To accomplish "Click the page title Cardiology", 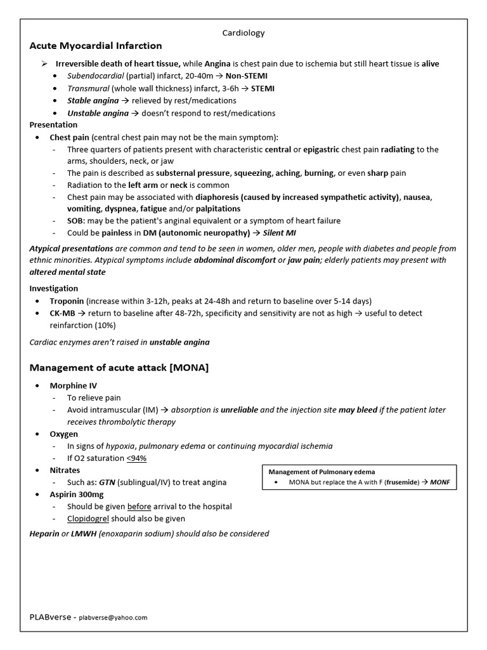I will pos(243,32).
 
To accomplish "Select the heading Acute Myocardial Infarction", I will pos(96,46).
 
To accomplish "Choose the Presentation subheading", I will pos(54,125).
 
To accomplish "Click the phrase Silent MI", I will pos(281,233).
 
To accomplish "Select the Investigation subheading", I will pos(54,288).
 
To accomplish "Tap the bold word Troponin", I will pos(67,301).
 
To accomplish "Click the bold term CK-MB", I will pos(62,313).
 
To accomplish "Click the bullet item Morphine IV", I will pos(74,386).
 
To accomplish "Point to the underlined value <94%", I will pos(140,458).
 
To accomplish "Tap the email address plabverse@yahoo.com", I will pos(113,617).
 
